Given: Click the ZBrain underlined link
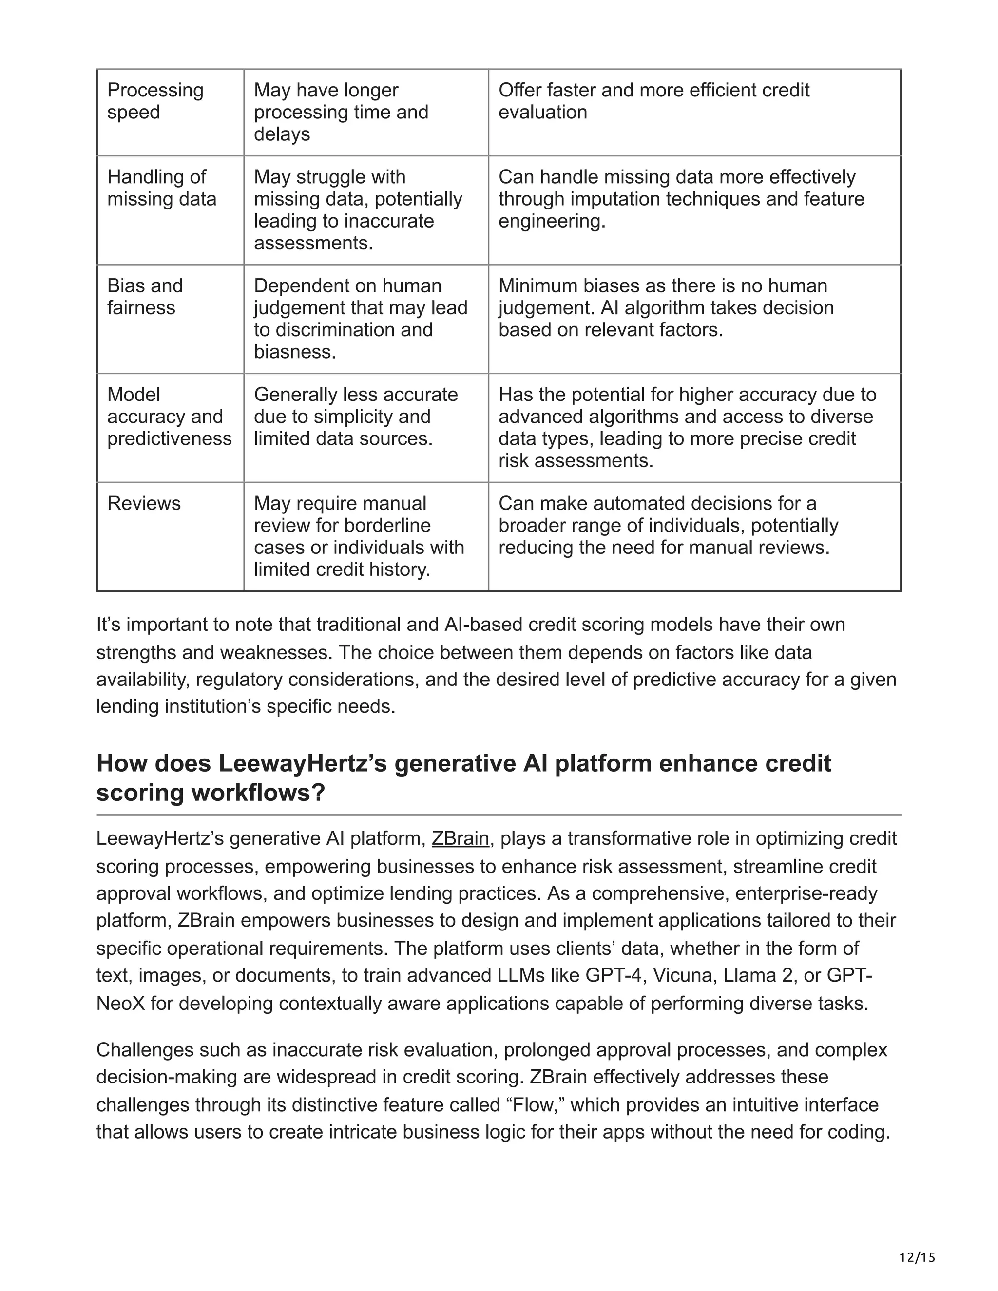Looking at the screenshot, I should pos(460,839).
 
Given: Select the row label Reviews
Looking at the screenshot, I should pos(144,504).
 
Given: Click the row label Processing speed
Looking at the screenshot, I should pos(155,101).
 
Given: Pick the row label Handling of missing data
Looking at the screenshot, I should pos(161,188).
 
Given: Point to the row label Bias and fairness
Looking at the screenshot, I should pos(145,297).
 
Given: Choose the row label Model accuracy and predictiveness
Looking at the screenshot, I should pos(169,417).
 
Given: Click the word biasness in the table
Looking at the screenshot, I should pos(294,352).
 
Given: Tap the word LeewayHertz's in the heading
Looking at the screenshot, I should pos(303,764).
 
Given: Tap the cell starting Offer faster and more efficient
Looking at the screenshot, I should pos(653,101).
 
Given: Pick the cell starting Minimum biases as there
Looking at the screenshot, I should pos(665,308).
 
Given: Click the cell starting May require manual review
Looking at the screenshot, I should pos(358,536).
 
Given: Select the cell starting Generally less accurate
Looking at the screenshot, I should pos(355,417).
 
